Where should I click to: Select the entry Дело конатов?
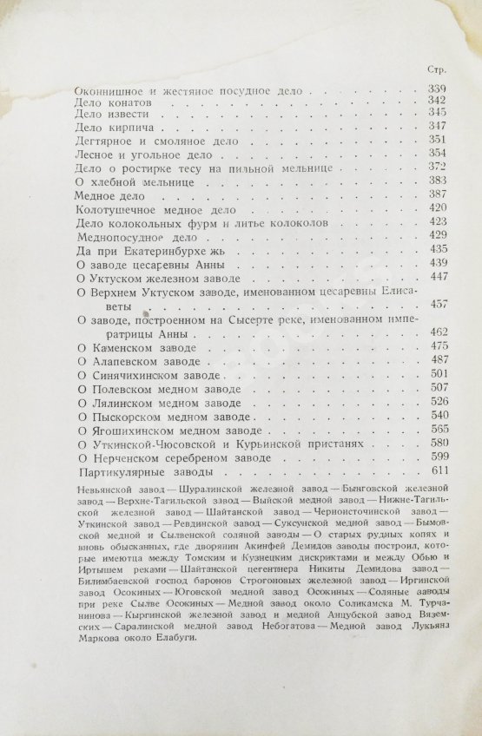click(106, 102)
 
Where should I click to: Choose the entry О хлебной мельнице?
click(132, 184)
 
